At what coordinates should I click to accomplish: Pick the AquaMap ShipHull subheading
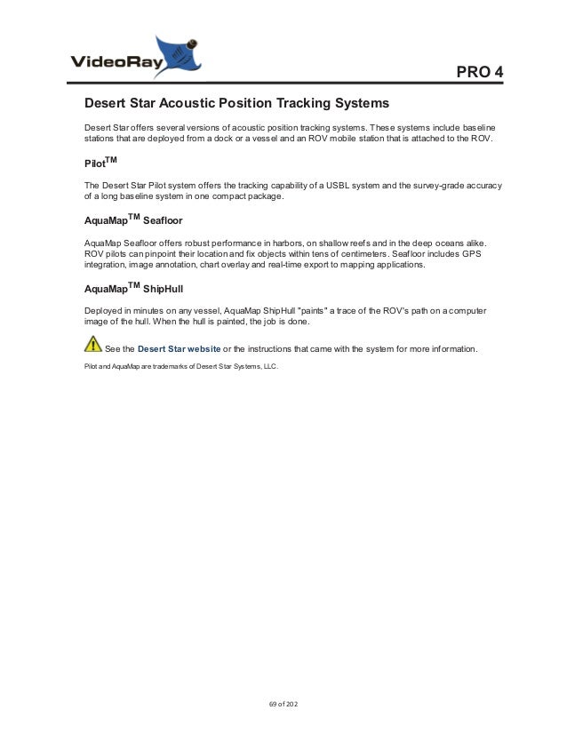click(x=133, y=288)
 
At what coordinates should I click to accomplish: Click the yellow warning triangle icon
click(x=92, y=345)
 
